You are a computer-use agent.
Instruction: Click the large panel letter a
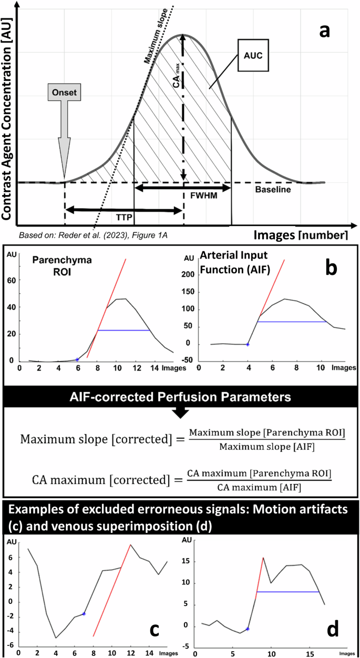(325, 30)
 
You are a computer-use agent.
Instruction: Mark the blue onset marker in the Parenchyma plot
(77, 359)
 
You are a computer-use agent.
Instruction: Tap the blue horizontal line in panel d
(287, 592)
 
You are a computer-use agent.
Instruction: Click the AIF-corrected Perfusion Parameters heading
(180, 397)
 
